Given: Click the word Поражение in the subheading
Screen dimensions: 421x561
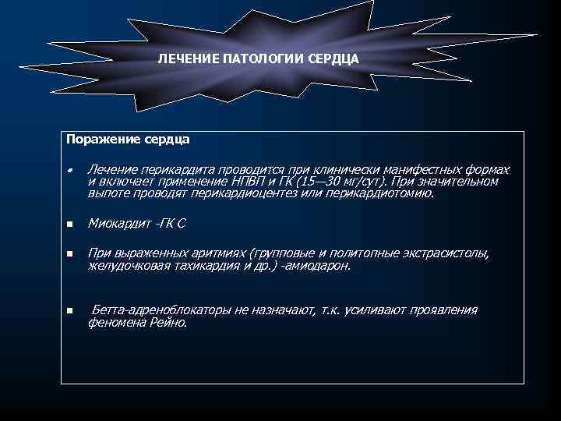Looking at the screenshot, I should click(96, 140).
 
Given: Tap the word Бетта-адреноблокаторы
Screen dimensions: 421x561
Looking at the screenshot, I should click(161, 310).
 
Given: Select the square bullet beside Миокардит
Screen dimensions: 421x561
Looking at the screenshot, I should click(69, 225).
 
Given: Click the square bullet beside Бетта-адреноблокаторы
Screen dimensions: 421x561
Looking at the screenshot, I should click(69, 311).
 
